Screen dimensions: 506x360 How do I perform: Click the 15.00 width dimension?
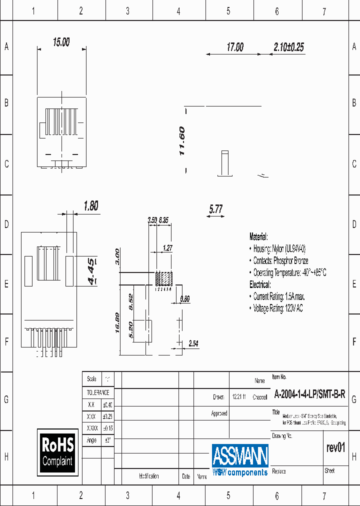pos(61,42)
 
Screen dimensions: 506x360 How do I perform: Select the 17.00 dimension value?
pos(235,47)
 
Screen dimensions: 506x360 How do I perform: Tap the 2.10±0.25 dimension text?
pos(288,47)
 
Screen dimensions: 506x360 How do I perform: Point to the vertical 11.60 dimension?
pos(182,140)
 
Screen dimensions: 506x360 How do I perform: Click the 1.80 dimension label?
pos(90,205)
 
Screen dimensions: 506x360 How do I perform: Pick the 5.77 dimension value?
pos(215,209)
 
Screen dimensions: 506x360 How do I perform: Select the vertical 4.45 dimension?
pos(92,271)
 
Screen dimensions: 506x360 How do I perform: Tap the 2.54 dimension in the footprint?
pos(193,343)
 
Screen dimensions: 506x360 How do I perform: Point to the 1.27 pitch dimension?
pos(167,247)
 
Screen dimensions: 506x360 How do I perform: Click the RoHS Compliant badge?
pos(57,452)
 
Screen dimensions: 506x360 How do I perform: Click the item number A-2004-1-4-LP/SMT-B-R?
pos(309,394)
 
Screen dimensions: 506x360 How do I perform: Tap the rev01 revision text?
pos(335,448)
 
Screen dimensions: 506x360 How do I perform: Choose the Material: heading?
pos(258,236)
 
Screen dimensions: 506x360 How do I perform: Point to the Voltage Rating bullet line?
pos(277,308)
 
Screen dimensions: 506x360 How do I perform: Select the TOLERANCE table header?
pos(98,392)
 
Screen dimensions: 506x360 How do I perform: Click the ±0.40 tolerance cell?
pos(107,404)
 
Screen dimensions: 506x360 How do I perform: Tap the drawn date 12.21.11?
pos(238,397)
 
